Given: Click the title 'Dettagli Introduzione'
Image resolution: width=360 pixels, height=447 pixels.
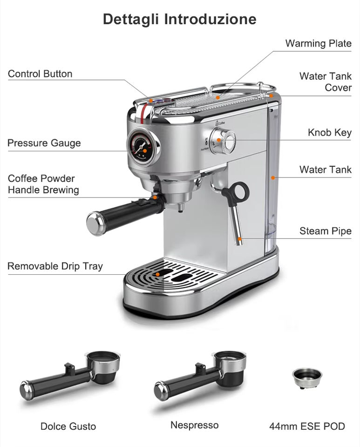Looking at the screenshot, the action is pos(179,19).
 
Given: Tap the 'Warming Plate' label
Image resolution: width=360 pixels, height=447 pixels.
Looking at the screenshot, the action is pos(318,44).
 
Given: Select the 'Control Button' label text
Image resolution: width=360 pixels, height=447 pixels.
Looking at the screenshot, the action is pos(40,74).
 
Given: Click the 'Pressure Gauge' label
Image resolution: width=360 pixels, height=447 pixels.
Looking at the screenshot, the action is pos(44,143).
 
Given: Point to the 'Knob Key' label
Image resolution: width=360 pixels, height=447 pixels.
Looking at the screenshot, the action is pos(329,132).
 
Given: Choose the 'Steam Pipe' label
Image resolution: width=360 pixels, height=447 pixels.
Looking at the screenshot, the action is pos(325,231).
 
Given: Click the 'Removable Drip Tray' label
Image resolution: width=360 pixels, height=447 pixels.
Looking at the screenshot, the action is pos(55,266).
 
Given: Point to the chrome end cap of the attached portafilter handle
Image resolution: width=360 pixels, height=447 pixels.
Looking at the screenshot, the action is pos(95,222).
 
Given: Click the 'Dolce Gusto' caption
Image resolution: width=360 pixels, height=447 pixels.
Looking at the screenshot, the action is pos(68,426).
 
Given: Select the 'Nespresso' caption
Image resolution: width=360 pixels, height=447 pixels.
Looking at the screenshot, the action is pos(194,425).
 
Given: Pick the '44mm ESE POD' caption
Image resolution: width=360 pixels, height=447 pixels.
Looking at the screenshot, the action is pos(307,426).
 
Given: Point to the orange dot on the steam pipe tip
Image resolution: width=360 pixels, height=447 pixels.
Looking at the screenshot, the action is pos(239,239).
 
